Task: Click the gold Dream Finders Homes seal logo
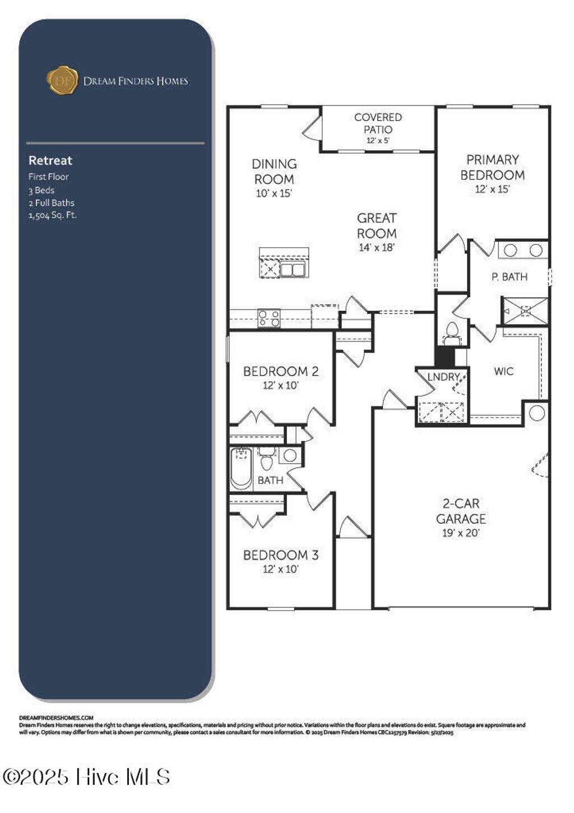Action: point(62,80)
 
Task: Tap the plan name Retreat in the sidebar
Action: point(50,160)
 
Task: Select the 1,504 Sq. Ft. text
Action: point(53,215)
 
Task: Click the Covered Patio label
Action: point(378,123)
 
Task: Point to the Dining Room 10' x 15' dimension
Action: point(274,194)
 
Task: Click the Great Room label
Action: point(377,225)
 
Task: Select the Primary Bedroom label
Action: point(492,167)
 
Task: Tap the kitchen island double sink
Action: point(292,270)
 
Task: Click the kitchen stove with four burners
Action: point(269,318)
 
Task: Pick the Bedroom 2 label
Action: point(281,371)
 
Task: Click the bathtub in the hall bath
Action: point(241,468)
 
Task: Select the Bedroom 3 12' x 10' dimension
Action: point(281,569)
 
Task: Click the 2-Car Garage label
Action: point(461,511)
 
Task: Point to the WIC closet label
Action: point(503,371)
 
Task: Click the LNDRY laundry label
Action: point(443,377)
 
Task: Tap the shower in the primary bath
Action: point(525,311)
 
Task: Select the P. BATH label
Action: point(509,277)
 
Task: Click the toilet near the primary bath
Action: point(451,332)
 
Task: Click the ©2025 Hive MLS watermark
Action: point(87,777)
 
